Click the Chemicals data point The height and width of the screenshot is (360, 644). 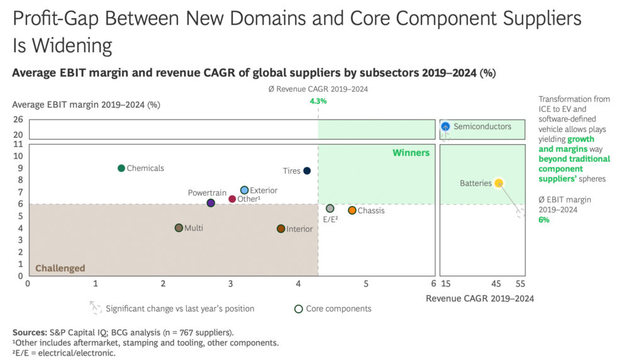coord(121,168)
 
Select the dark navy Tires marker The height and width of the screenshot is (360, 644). coord(307,171)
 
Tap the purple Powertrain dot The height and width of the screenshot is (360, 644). coord(211,203)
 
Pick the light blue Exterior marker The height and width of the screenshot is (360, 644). coord(245,190)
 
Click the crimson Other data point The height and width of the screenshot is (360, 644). coord(232,199)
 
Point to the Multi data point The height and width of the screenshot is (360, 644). coord(179,228)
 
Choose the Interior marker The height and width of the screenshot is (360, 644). coord(280,228)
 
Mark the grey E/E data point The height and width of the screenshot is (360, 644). coord(330,208)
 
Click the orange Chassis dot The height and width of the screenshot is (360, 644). coord(352,210)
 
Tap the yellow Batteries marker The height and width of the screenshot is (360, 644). coord(499,183)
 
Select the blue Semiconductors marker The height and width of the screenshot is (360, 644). coord(445,127)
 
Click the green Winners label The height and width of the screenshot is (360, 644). coord(411,152)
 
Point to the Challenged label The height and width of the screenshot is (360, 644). coord(60,268)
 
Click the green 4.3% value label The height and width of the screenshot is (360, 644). coord(318,101)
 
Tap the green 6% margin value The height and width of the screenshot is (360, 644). coord(544,220)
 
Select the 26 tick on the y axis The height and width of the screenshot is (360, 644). coord(18,119)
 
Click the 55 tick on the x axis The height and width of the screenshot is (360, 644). coord(520,284)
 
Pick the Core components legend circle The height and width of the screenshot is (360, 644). coord(299,308)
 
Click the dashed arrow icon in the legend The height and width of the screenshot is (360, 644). coord(96,307)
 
